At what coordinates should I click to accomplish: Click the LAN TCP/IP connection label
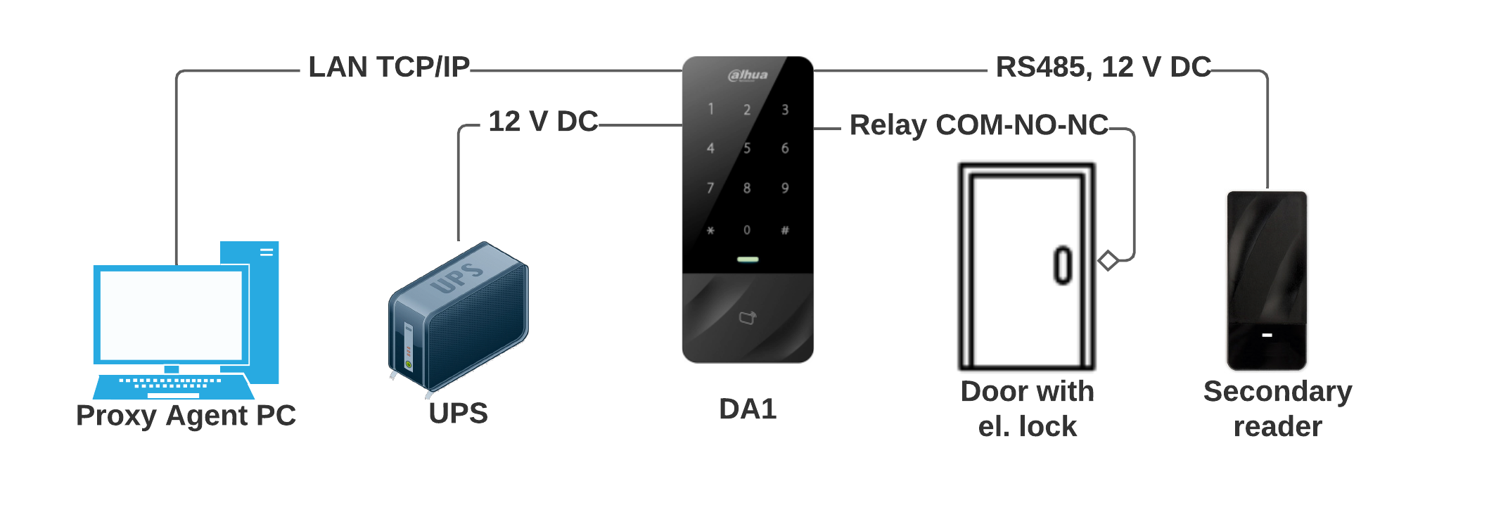[389, 68]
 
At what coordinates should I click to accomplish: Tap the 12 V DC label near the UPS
[543, 122]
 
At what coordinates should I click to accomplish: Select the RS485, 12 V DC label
[1103, 68]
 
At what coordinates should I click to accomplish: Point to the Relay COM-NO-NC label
[978, 125]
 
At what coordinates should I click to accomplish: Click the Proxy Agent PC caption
[186, 416]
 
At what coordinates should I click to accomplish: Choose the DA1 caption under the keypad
[748, 409]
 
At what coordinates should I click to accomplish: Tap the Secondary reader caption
[1277, 409]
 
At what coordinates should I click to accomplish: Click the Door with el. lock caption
[1027, 409]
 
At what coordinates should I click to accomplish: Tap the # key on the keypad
[785, 231]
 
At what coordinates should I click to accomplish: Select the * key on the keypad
[710, 231]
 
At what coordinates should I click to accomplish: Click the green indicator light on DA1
[748, 260]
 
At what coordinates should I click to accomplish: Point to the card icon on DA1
[747, 318]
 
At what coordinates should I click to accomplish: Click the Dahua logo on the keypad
[748, 75]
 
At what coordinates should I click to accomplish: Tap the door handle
[1063, 266]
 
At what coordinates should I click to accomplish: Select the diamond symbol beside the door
[1108, 261]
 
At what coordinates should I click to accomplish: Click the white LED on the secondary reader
[1267, 335]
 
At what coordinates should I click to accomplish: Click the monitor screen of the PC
[171, 314]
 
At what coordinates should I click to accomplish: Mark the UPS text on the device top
[457, 276]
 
